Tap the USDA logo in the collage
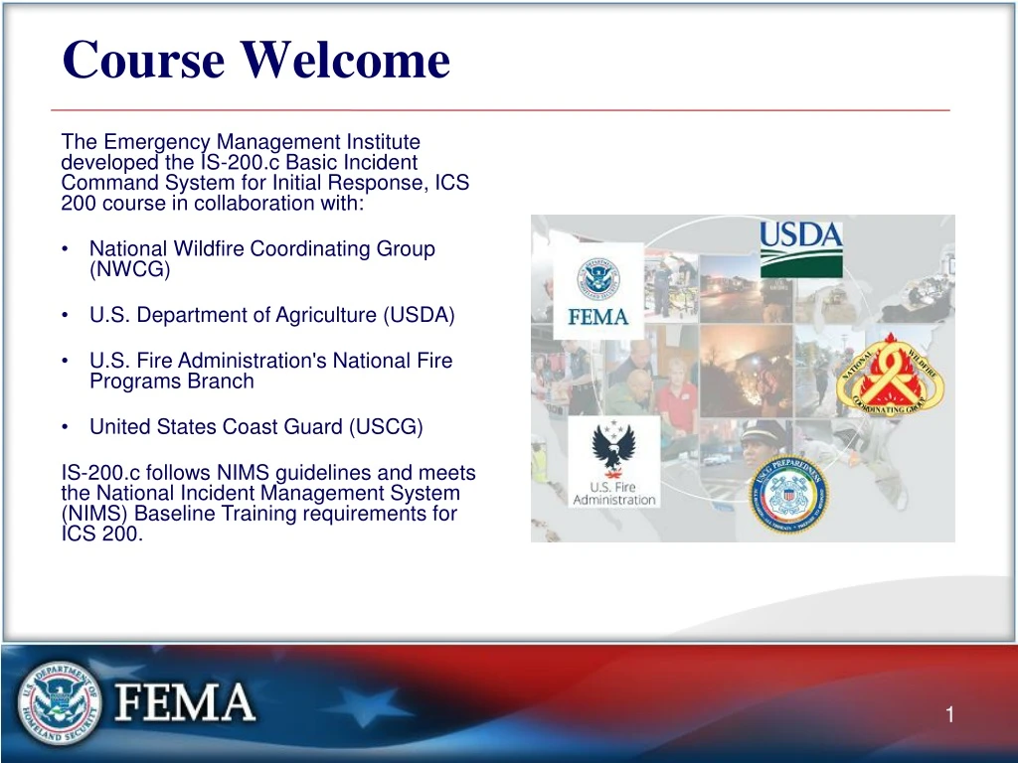[800, 247]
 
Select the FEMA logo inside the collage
[598, 292]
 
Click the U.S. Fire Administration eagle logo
[614, 462]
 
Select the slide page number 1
[949, 715]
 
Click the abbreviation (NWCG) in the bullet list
[130, 269]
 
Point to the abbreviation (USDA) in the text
[419, 315]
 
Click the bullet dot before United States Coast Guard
[65, 428]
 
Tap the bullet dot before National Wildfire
[65, 249]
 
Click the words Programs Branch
[171, 381]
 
